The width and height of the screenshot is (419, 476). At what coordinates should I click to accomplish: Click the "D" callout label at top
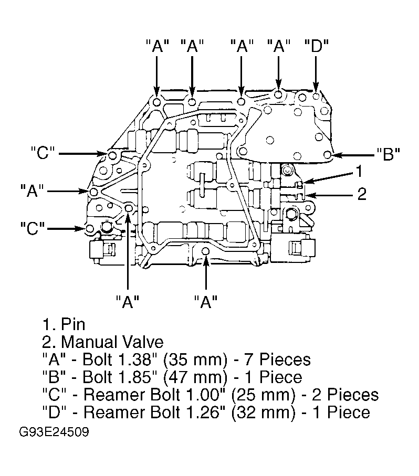coord(317,47)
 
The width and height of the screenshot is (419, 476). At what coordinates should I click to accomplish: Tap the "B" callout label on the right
coord(389,154)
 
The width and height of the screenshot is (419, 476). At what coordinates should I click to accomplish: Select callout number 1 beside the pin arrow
coord(359,171)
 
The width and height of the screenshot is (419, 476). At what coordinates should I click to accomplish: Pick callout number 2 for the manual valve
coord(362,194)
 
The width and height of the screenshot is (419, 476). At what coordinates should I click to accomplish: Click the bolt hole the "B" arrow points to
coord(327,155)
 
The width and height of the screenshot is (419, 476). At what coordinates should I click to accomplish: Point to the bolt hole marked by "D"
coord(316,97)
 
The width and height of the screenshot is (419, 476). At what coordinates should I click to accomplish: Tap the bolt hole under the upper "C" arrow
coord(112,156)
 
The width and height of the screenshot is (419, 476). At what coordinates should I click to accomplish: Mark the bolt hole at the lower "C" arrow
coord(90,228)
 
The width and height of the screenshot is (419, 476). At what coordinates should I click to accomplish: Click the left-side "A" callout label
coord(32,191)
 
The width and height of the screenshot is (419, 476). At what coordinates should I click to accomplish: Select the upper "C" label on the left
coord(43,153)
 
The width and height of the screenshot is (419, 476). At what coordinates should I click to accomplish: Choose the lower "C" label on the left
coord(32,228)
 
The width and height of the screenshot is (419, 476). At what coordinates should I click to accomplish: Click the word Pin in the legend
coord(73,324)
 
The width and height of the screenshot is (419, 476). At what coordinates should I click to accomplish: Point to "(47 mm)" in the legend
coord(195,377)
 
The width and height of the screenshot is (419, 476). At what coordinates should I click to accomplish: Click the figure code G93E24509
coord(54,432)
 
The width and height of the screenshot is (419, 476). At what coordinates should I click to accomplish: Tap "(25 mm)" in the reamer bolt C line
coord(263,395)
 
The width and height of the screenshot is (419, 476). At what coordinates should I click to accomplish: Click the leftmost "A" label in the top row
coord(158,47)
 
